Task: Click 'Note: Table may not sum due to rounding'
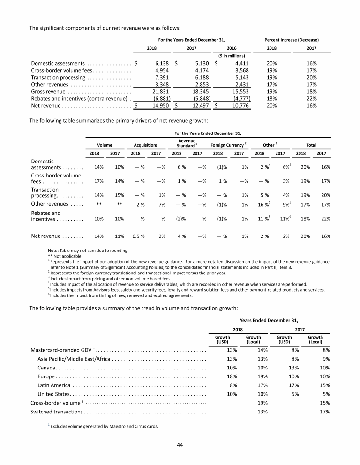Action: (88, 251)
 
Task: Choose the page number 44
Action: (180, 444)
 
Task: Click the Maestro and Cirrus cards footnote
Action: (104, 426)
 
